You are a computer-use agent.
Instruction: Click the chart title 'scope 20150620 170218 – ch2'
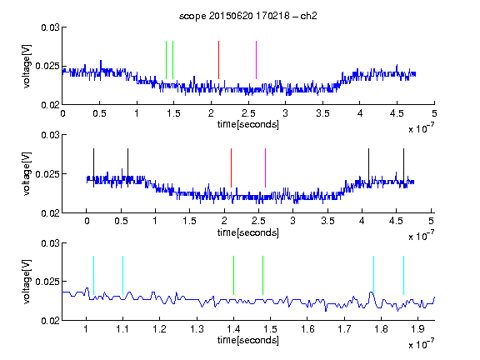248,16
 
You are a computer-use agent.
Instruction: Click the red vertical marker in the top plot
218,60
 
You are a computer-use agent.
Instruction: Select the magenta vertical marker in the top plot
256,60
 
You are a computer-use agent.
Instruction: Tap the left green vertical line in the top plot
166,60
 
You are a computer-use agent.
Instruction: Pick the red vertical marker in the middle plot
231,167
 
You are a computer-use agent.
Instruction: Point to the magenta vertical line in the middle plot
265,167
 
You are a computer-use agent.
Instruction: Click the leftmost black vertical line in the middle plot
93,167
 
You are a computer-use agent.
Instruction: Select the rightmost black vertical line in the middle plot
403,167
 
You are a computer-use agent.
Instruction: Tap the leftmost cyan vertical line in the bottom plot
93,276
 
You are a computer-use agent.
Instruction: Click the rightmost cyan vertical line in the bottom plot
403,276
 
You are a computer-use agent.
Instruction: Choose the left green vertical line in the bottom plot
233,276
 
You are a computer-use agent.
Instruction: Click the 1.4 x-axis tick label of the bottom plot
233,329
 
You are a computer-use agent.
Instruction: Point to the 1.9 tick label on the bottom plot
417,329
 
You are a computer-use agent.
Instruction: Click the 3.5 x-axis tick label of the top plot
322,113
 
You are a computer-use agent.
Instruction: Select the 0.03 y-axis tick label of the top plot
50,27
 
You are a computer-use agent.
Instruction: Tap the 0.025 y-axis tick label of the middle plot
47,174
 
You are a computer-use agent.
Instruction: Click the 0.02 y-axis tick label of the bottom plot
50,321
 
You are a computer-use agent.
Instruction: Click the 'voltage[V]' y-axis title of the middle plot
27,173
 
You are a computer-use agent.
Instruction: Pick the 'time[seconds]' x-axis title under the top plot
248,124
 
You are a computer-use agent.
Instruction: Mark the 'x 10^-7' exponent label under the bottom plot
421,344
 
